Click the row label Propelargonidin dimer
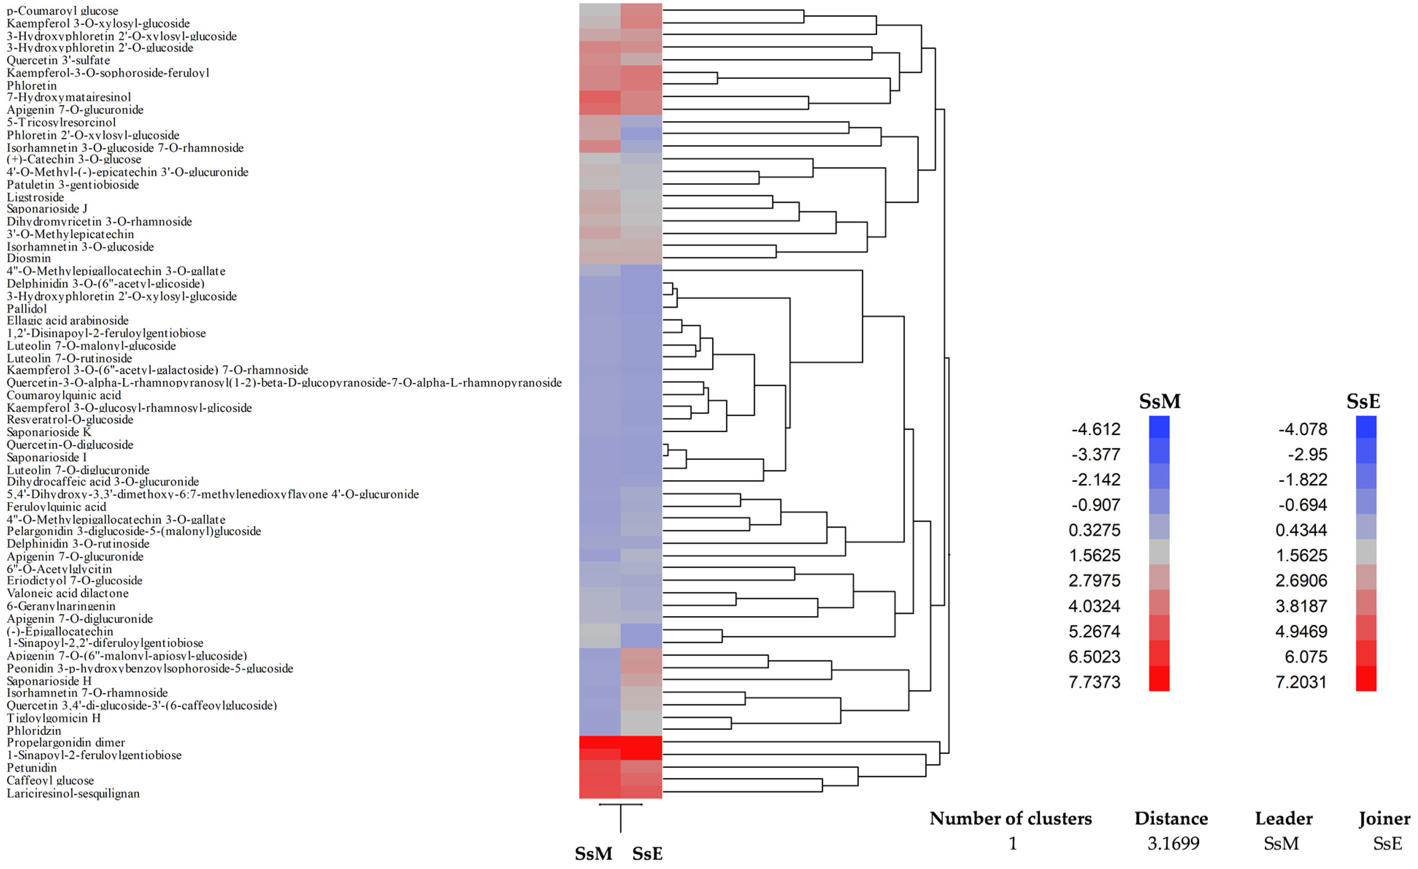click(x=66, y=742)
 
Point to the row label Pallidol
click(x=27, y=309)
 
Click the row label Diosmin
click(x=29, y=259)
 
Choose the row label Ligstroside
click(x=35, y=197)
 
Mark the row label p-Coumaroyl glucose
click(x=62, y=10)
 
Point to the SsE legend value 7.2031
click(x=1301, y=682)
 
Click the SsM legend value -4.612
click(x=1096, y=429)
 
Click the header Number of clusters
click(x=1011, y=818)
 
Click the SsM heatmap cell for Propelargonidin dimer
click(x=600, y=742)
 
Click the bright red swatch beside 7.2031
click(x=1366, y=678)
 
